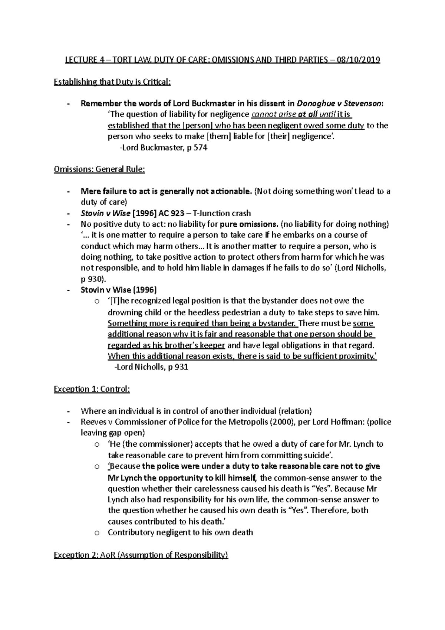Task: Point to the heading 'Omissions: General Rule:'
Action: tap(99, 169)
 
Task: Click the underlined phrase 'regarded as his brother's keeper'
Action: tap(166, 345)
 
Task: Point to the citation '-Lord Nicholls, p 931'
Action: tap(151, 367)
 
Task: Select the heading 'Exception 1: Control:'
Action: tap(92, 389)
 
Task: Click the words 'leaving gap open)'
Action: tap(113, 433)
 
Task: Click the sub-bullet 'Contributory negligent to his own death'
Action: tap(180, 532)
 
